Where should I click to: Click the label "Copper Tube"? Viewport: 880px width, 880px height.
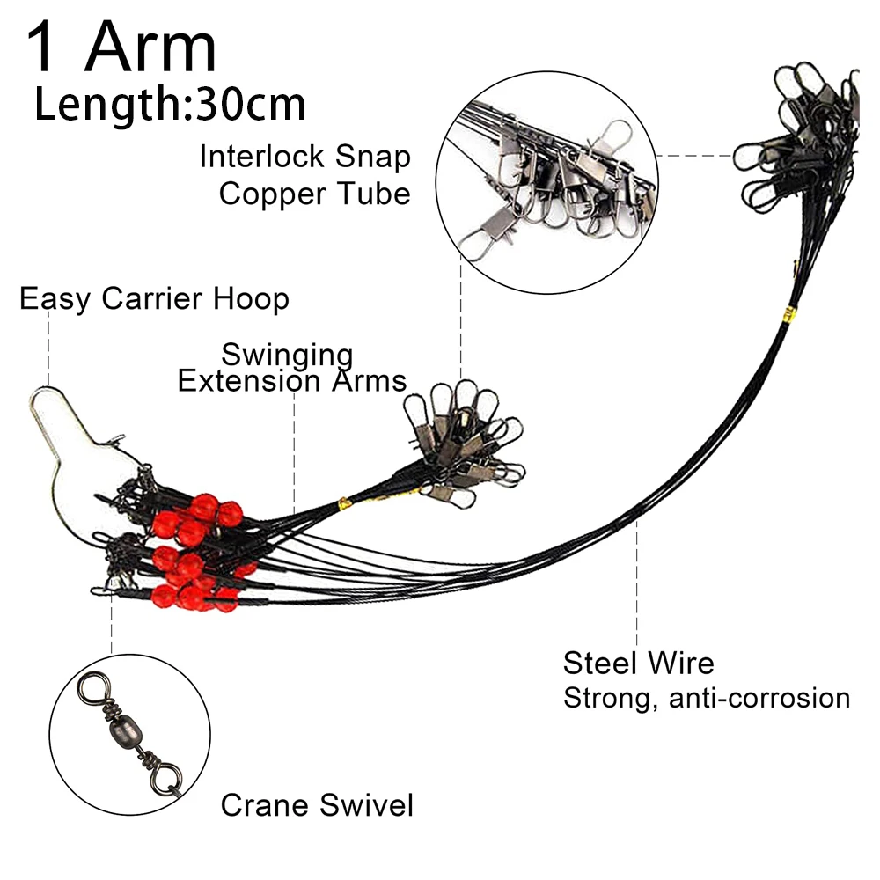314,193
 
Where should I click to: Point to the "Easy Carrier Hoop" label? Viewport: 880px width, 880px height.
154,299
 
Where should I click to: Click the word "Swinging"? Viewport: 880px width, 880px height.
287,356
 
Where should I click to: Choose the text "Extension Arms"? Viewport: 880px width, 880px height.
291,381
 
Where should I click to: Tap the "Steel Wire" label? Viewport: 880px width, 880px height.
638,662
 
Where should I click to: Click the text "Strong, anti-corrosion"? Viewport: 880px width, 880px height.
706,698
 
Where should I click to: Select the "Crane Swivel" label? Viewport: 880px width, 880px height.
316,804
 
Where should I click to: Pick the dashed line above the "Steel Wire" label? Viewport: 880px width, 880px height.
636,581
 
